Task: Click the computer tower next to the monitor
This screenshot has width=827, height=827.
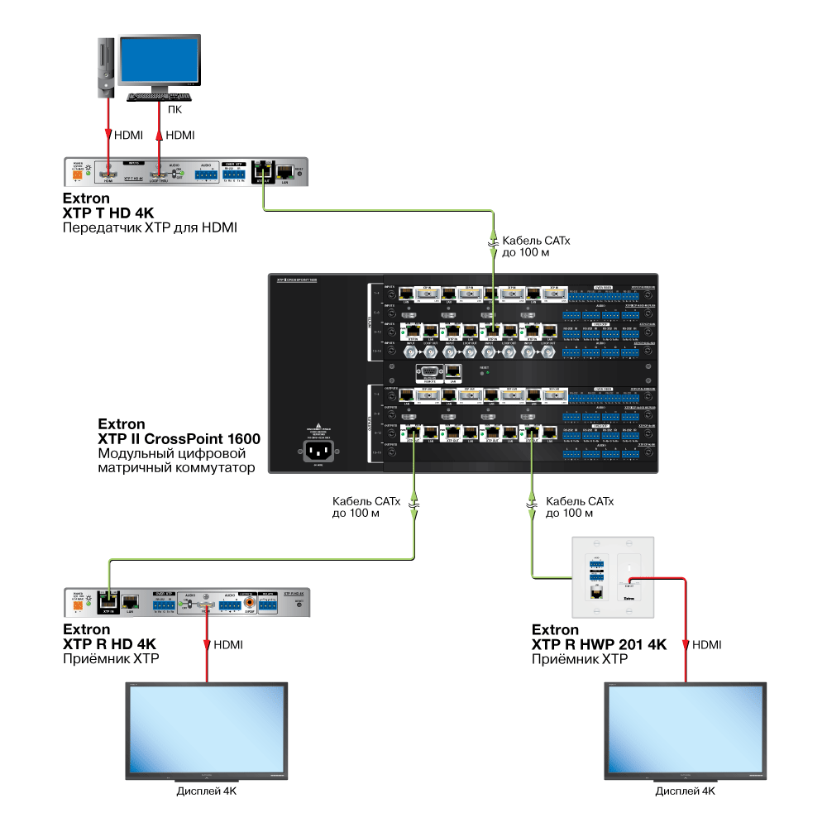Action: [x=105, y=66]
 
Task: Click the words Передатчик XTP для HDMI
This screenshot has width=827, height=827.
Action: [x=150, y=227]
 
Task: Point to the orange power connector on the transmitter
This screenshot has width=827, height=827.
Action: [x=79, y=174]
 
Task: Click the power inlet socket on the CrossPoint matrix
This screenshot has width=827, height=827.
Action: [x=318, y=452]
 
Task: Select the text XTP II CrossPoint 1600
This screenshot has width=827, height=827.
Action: [x=179, y=439]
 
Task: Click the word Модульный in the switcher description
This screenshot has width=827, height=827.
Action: [x=136, y=453]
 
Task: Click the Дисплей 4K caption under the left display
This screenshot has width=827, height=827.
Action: [x=206, y=791]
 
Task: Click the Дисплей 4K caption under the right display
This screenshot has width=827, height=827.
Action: [x=685, y=791]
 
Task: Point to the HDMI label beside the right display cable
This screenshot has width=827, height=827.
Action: [x=706, y=644]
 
